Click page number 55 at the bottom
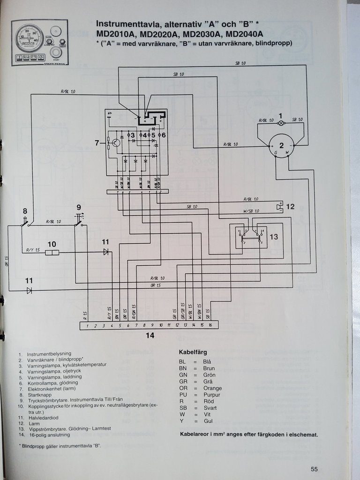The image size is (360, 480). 314,469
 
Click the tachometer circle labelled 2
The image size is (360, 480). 281,145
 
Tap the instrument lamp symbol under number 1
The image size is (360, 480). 281,123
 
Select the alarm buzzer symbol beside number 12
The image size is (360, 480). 279,206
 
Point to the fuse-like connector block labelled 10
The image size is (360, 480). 52,253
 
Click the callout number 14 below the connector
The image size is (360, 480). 150,335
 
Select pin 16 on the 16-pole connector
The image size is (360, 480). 210,325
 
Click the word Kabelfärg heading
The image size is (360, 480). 193,352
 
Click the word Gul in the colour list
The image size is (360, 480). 208,421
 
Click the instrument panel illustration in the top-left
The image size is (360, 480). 39,42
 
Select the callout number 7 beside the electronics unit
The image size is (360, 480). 97,143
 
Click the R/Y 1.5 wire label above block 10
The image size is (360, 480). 33,249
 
